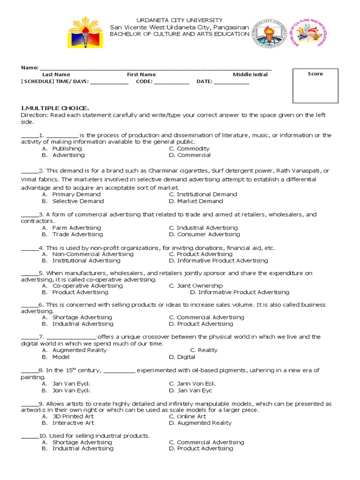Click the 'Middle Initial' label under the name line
pyautogui.click(x=250, y=75)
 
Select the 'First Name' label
pyautogui.click(x=141, y=75)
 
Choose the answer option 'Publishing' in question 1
pyautogui.click(x=67, y=149)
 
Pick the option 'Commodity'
pyautogui.click(x=193, y=149)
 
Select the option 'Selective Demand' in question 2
pyautogui.click(x=78, y=201)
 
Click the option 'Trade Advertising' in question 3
pyautogui.click(x=77, y=234)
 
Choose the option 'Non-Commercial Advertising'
pyautogui.click(x=93, y=254)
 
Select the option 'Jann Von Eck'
pyautogui.click(x=196, y=383)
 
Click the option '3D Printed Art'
pyautogui.click(x=73, y=416)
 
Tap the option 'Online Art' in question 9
pyautogui.click(x=191, y=416)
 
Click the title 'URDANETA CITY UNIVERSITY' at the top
pyautogui.click(x=180, y=20)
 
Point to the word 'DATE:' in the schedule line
pyautogui.click(x=204, y=81)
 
